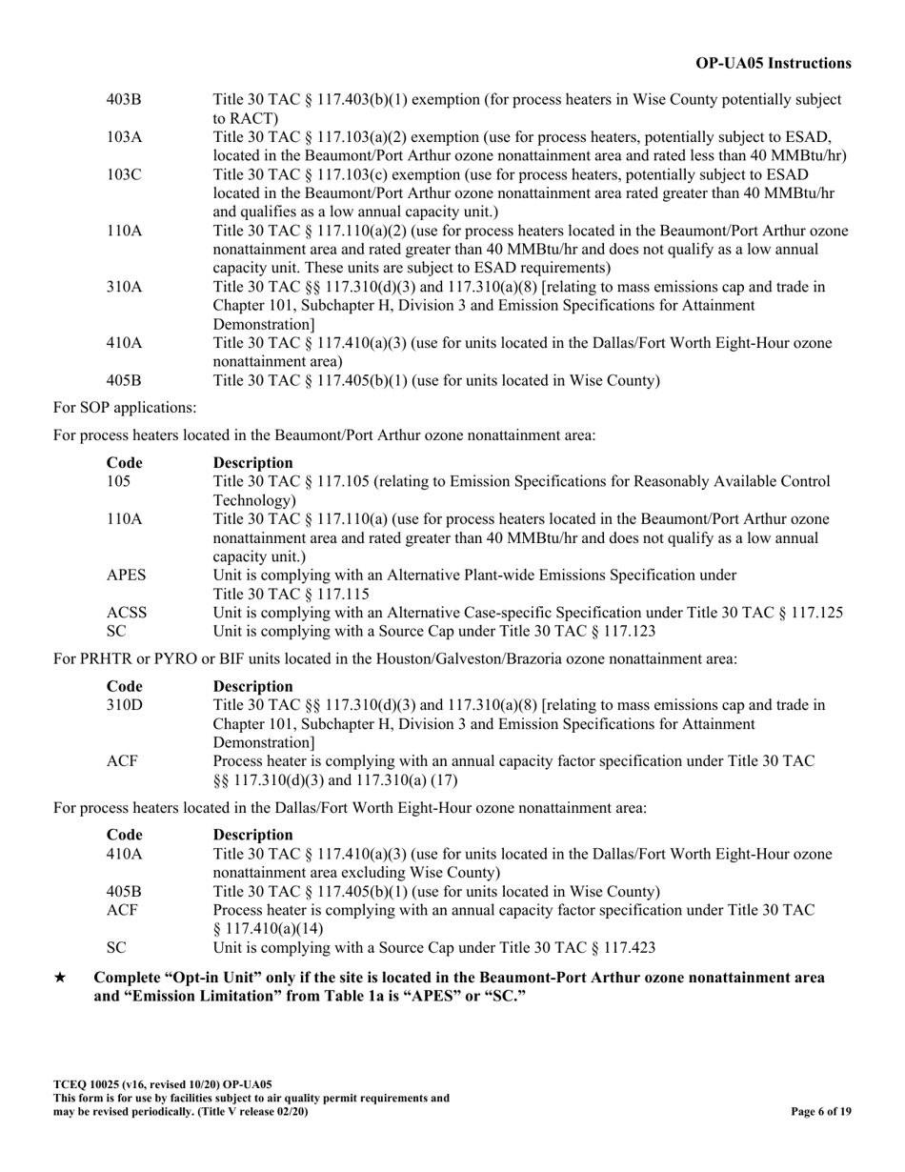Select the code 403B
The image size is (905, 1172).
(x=124, y=99)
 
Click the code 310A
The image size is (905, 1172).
(x=124, y=286)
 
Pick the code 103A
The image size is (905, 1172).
(x=124, y=136)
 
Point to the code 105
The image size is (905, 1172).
(x=118, y=481)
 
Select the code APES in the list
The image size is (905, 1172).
(x=126, y=575)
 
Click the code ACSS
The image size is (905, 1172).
(x=127, y=613)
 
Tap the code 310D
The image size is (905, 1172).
(x=124, y=705)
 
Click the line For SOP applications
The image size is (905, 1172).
(x=125, y=408)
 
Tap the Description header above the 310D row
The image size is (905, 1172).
(x=252, y=686)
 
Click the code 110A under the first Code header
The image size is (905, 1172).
(x=124, y=518)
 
